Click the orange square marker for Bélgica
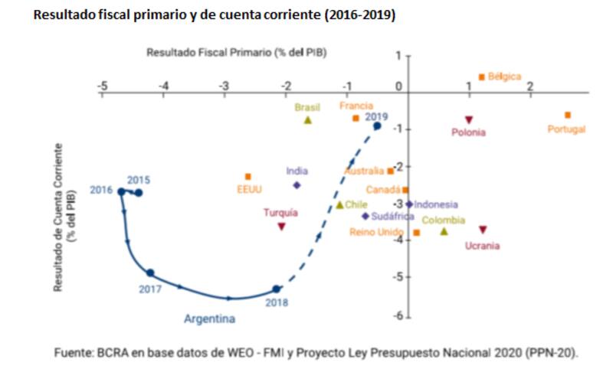coord(481,77)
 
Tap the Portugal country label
coord(566,129)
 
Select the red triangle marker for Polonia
coord(469,119)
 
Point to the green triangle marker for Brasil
coord(308,120)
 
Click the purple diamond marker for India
coord(297,184)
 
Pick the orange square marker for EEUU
coord(247,177)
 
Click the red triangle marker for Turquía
coord(282,227)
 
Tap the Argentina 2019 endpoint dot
coord(377,126)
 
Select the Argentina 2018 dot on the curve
coord(277,289)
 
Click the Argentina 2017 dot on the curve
coord(150,273)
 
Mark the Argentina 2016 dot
coord(121,191)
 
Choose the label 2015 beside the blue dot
coord(139,180)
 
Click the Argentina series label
coord(209,318)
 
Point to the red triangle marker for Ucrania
coord(483,230)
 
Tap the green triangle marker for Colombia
coord(444,231)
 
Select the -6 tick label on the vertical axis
coord(398,315)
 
